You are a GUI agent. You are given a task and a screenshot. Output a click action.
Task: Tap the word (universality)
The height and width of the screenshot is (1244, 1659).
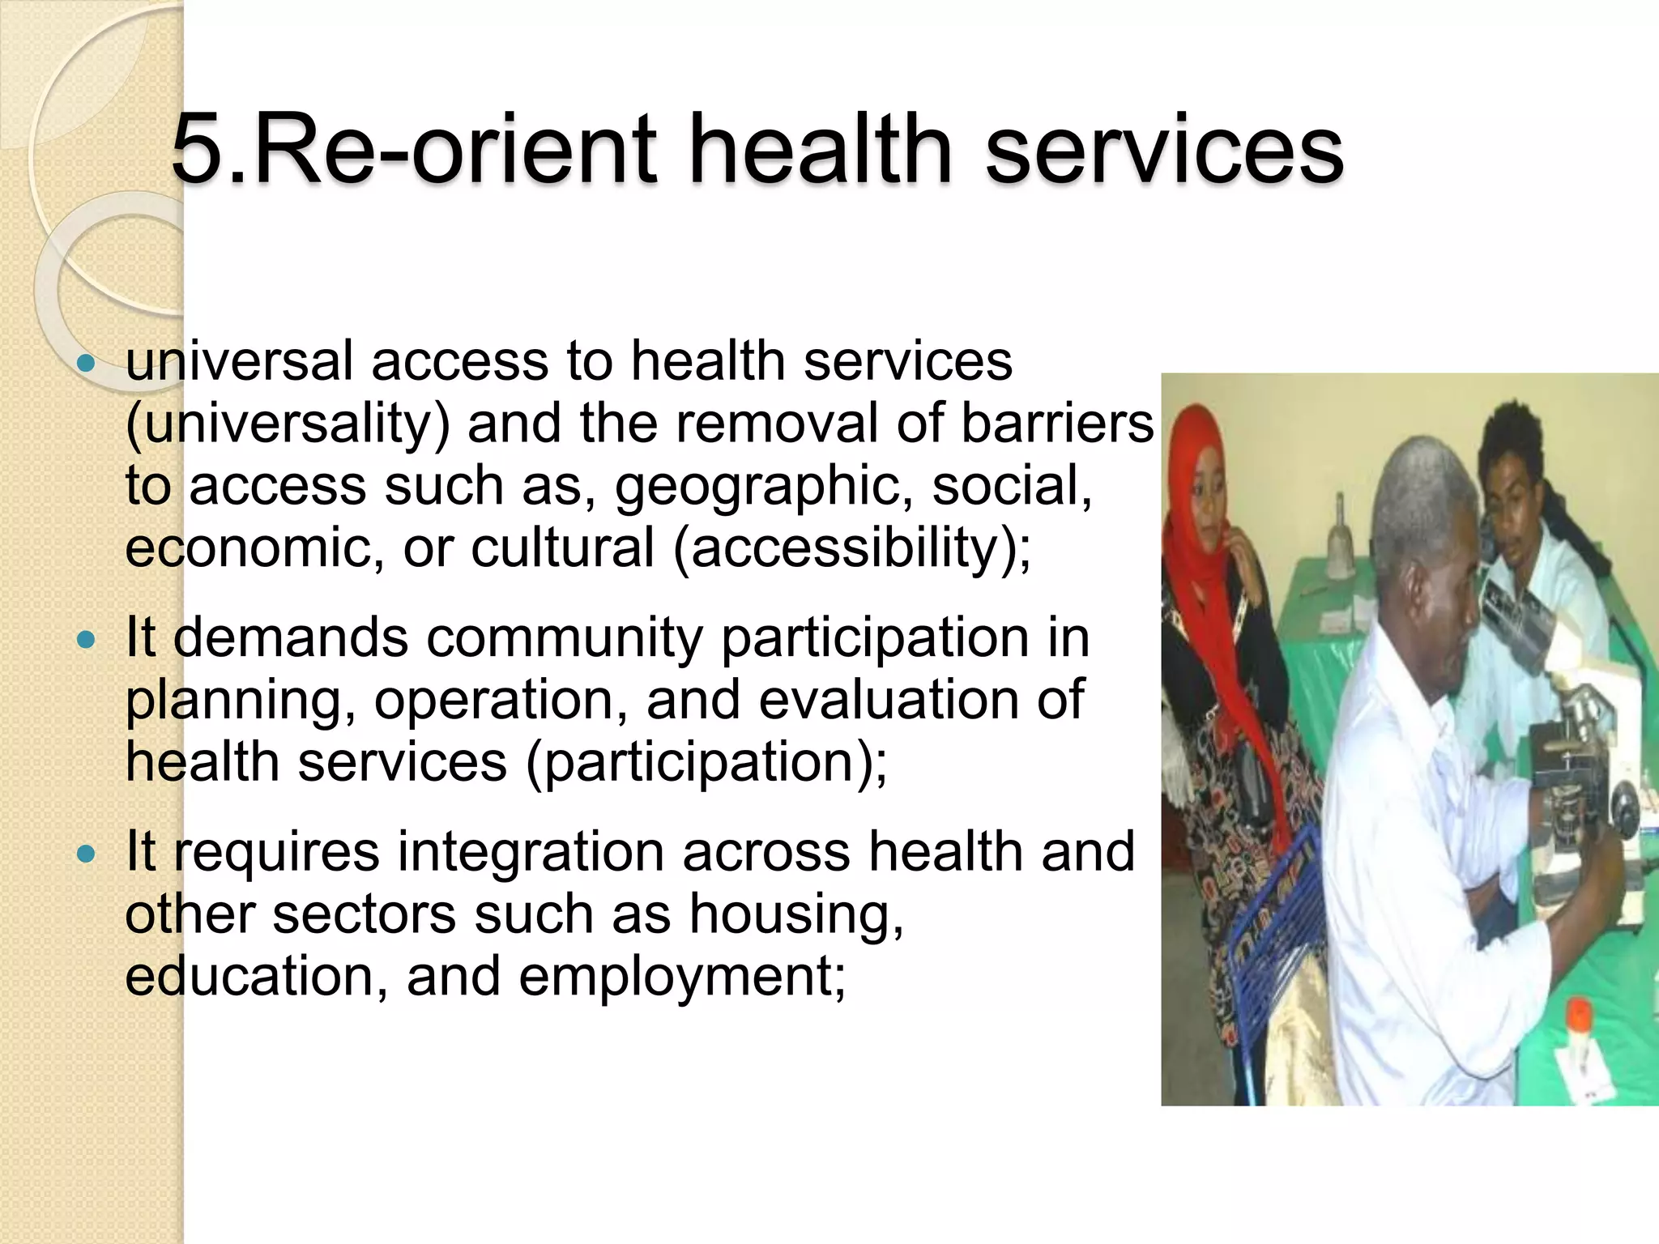click(x=288, y=424)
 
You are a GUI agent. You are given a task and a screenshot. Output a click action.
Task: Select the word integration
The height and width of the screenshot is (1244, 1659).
click(x=531, y=852)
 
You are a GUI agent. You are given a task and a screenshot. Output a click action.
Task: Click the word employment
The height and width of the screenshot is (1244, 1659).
click(x=680, y=976)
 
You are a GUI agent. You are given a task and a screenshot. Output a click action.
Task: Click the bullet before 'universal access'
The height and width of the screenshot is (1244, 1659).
click(x=85, y=363)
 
